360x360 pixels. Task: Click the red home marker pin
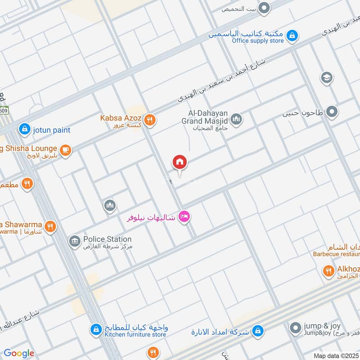(180, 162)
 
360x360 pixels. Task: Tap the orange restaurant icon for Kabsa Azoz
(151, 120)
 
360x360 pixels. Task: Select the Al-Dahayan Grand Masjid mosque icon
(236, 119)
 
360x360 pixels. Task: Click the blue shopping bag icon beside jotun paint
(24, 130)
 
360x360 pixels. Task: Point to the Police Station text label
(108, 239)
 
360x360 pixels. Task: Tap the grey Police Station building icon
(74, 242)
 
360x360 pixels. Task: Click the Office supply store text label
(258, 41)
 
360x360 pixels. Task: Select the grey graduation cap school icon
(327, 78)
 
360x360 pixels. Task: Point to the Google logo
(19, 353)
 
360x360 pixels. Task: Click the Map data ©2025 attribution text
(335, 355)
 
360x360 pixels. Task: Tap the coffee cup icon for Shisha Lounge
(66, 150)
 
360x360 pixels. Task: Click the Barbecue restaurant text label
(336, 254)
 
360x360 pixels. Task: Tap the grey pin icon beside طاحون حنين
(332, 112)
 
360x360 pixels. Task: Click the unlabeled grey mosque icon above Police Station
(110, 206)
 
